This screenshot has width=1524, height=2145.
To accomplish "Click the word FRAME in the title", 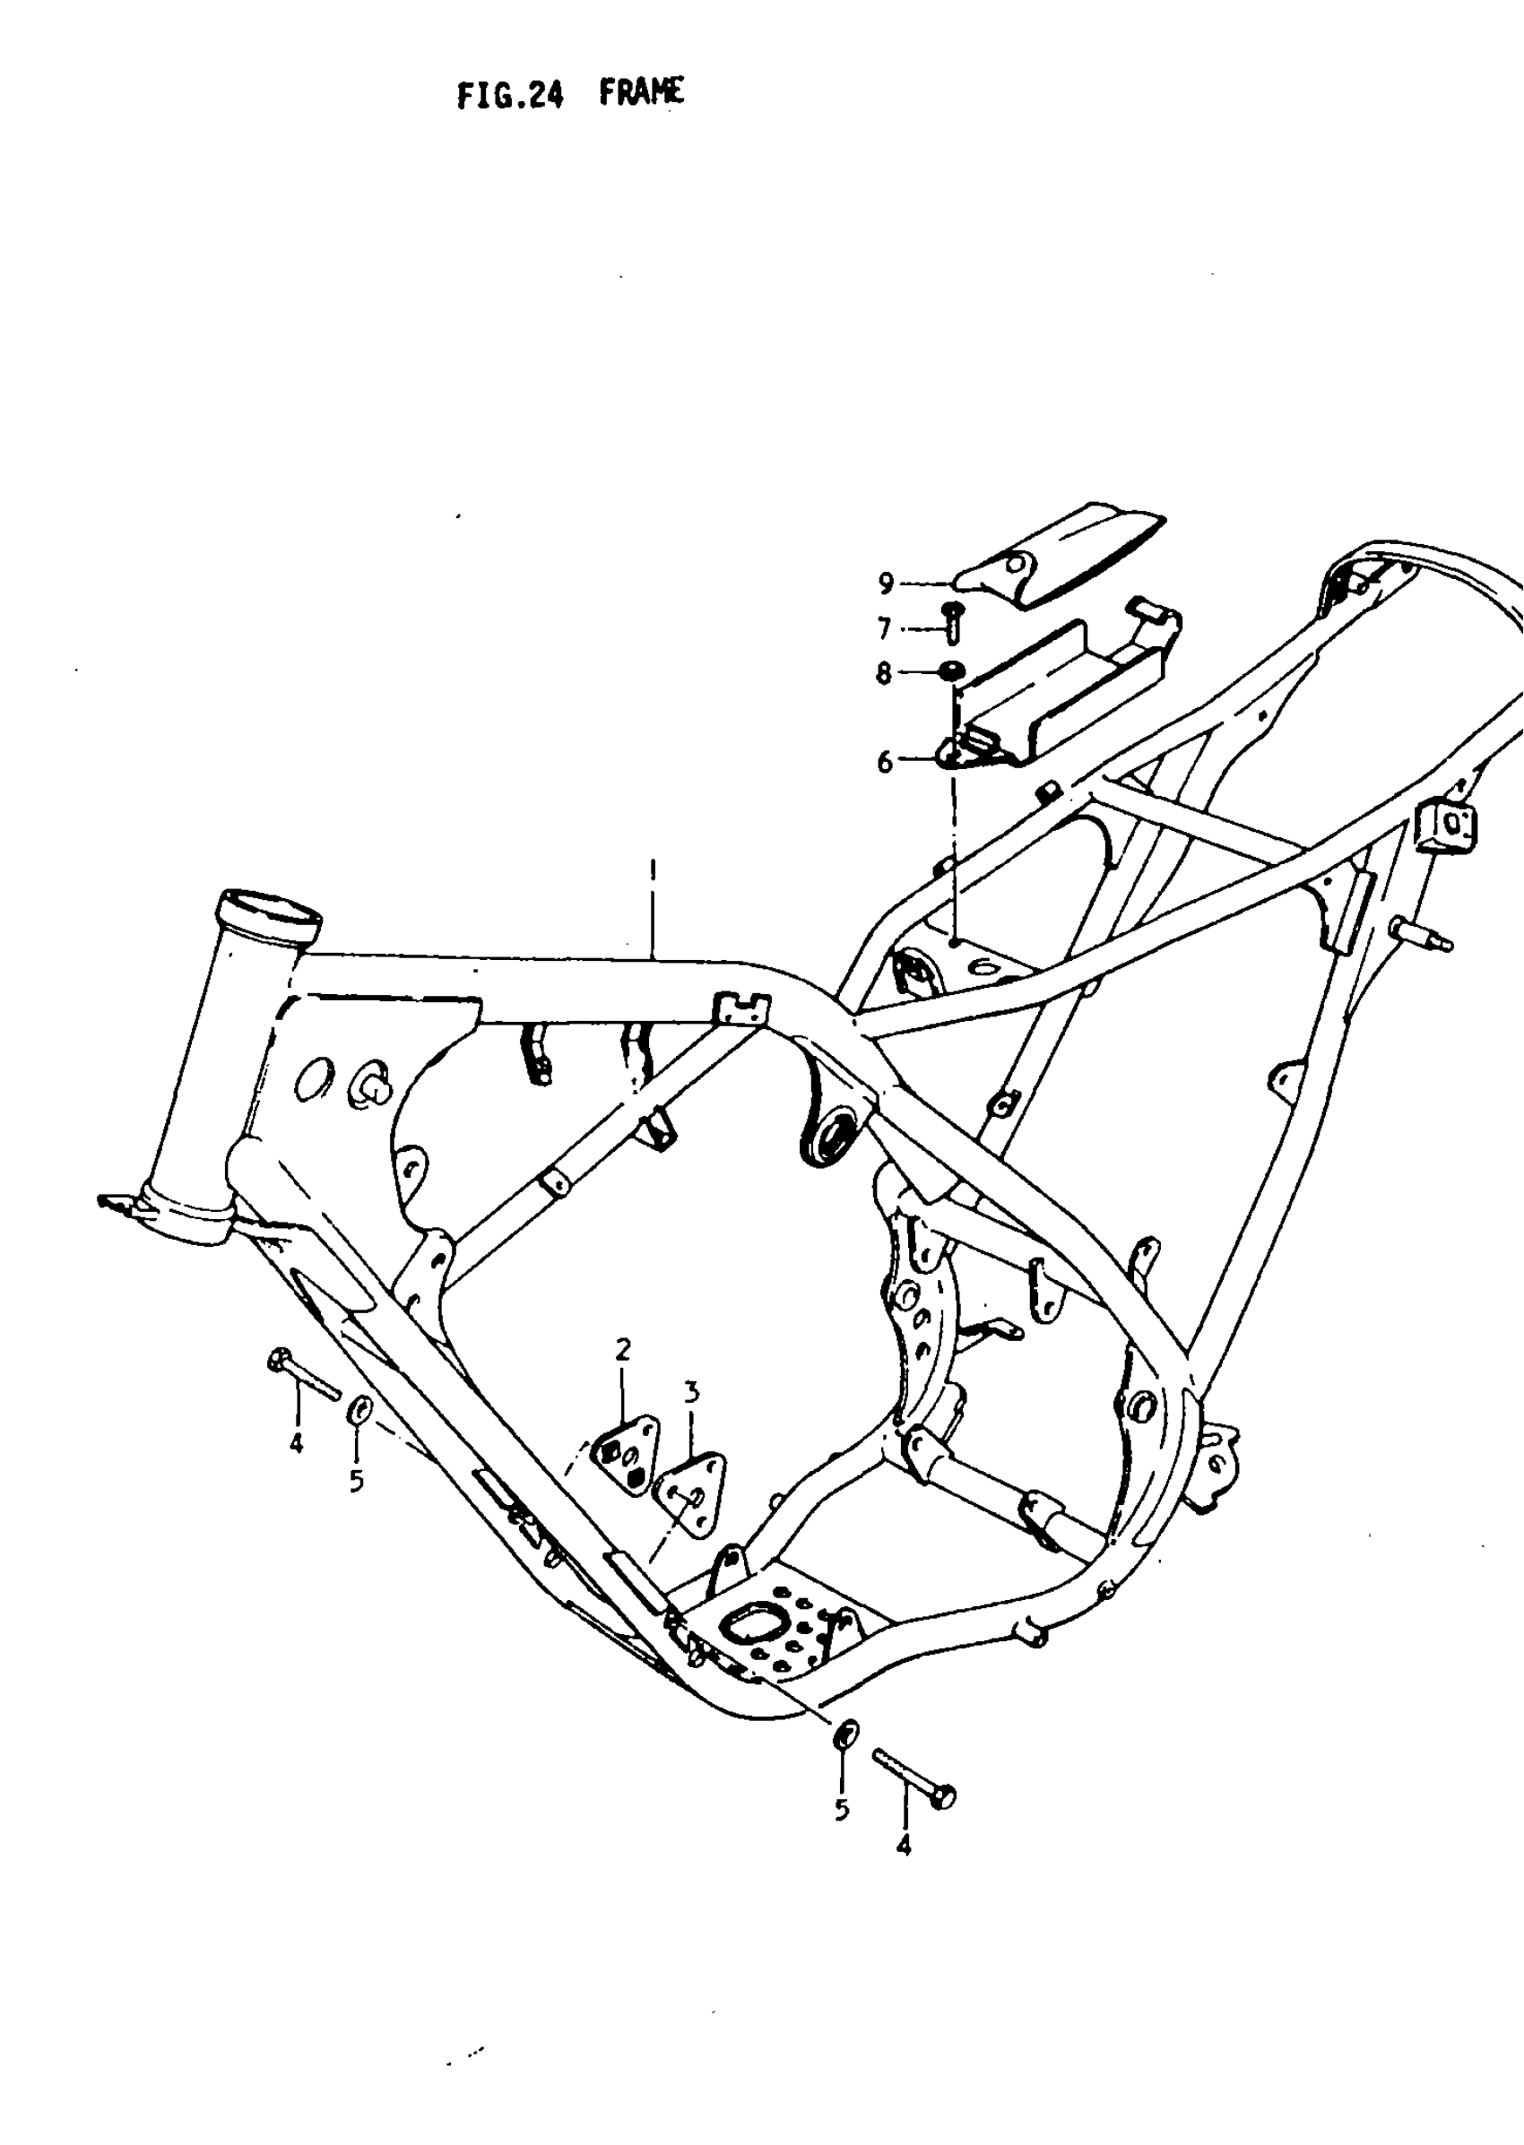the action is pyautogui.click(x=642, y=93).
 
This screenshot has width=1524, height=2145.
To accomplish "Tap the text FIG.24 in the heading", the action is pyautogui.click(x=509, y=95).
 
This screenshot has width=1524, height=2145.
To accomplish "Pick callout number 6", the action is pyautogui.click(x=885, y=763).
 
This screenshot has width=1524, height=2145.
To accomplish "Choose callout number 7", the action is pyautogui.click(x=884, y=627).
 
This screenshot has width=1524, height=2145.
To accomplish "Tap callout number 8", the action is pyautogui.click(x=884, y=674).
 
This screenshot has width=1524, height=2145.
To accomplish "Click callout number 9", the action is pyautogui.click(x=886, y=584).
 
